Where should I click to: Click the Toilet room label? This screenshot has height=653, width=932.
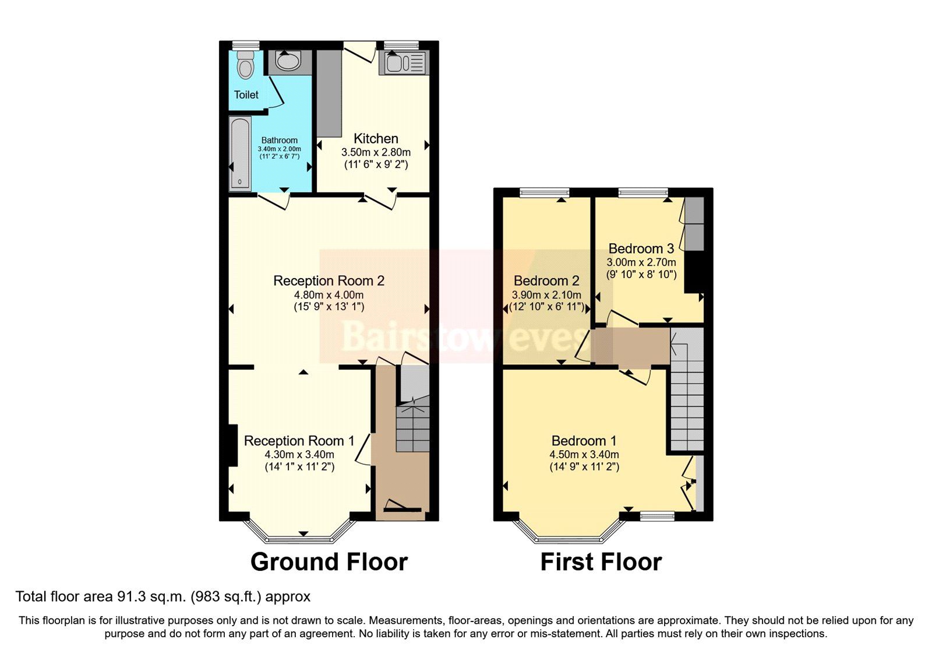pyautogui.click(x=246, y=94)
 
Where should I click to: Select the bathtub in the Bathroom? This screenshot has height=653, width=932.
pyautogui.click(x=240, y=153)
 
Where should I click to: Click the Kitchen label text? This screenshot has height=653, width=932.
pyautogui.click(x=376, y=139)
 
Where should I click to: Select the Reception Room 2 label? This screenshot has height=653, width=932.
pyautogui.click(x=329, y=281)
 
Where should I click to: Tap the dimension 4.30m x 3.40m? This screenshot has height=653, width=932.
pyautogui.click(x=299, y=455)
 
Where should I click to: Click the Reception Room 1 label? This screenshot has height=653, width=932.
pyautogui.click(x=299, y=441)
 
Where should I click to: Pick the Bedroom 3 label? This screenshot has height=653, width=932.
pyautogui.click(x=641, y=249)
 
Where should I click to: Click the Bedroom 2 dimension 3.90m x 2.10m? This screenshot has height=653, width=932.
pyautogui.click(x=546, y=295)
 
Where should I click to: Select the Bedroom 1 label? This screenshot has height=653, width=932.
pyautogui.click(x=584, y=441)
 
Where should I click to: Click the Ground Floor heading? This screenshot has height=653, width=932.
pyautogui.click(x=329, y=562)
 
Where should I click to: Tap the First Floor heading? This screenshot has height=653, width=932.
pyautogui.click(x=601, y=562)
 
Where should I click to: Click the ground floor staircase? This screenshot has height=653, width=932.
pyautogui.click(x=413, y=429)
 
